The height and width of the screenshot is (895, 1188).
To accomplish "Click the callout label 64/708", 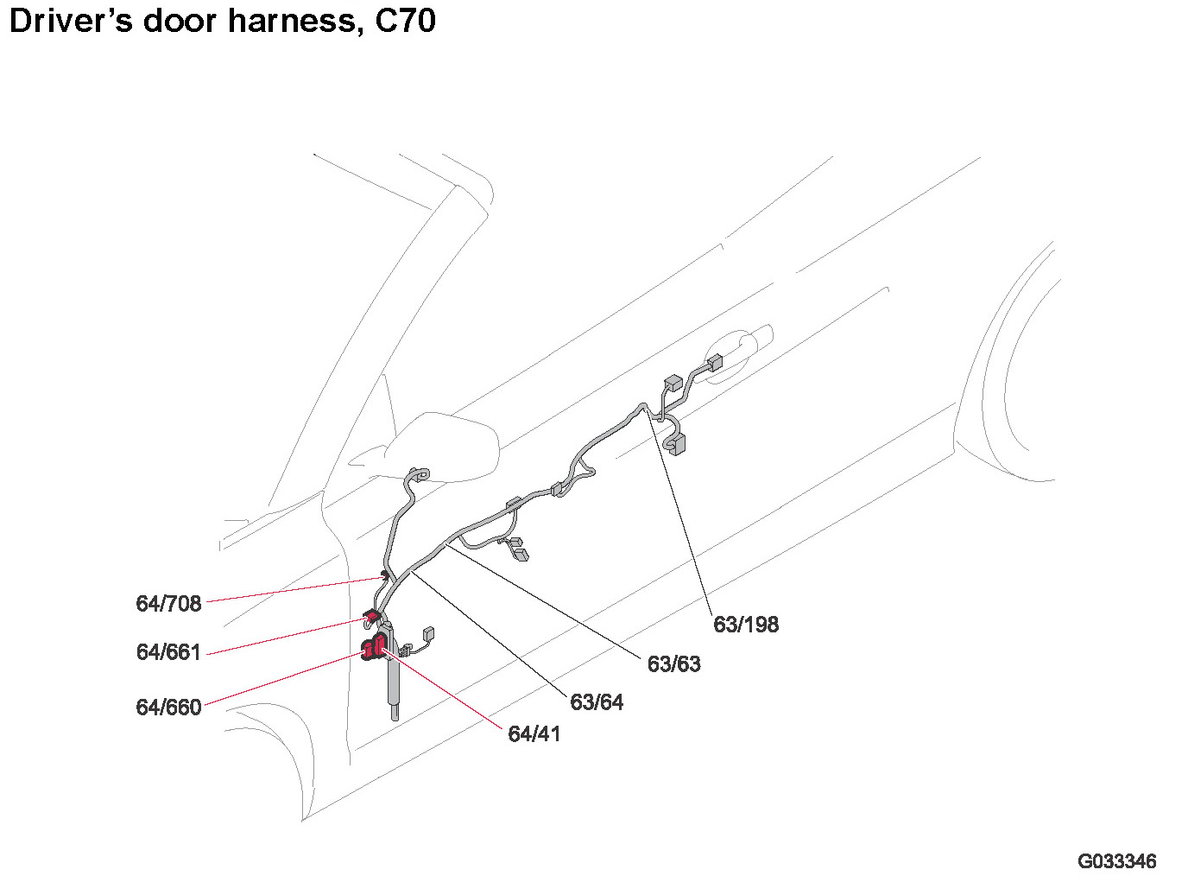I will tap(168, 603).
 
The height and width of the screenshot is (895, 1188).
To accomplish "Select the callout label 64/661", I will tap(168, 651).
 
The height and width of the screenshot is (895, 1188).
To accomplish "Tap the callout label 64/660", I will tap(168, 707).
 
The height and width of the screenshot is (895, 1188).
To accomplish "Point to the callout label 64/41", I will tap(534, 733).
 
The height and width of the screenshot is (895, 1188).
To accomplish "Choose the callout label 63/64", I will tap(597, 701).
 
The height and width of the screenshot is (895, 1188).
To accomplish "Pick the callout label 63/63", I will tap(673, 663).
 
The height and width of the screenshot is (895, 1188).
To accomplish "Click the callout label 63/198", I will tap(746, 624).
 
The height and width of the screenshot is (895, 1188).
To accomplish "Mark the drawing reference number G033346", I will tap(1116, 861).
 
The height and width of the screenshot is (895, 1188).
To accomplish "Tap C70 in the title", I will tap(405, 21).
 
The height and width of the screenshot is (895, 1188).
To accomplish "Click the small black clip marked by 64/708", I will tap(383, 575).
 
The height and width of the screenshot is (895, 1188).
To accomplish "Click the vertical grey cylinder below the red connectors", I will tap(394, 682).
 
